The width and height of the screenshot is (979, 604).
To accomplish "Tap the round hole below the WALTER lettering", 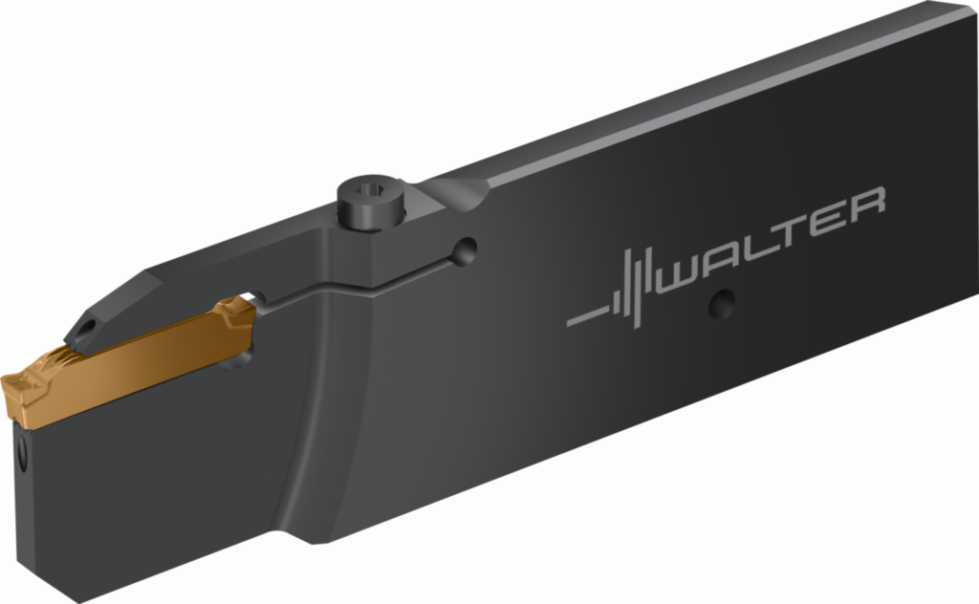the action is point(722,304).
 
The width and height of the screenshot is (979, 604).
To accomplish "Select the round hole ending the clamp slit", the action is point(465,250).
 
